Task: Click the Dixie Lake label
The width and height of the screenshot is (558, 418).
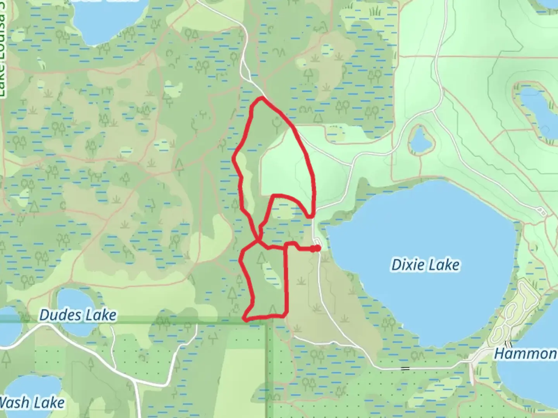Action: (425, 265)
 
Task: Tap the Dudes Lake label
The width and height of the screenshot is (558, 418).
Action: (77, 315)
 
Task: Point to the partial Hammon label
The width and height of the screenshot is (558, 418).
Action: (525, 353)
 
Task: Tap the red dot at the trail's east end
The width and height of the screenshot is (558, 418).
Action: (317, 248)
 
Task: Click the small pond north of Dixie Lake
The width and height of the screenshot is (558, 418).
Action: (419, 140)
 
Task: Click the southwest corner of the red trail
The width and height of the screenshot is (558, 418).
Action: (245, 319)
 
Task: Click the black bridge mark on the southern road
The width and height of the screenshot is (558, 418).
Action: (405, 368)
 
